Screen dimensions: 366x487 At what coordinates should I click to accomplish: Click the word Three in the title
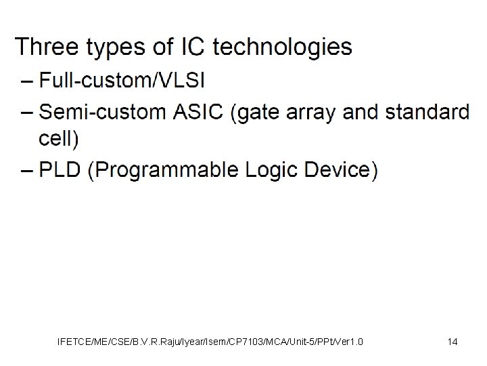(45, 47)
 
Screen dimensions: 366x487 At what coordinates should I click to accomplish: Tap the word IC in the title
(188, 47)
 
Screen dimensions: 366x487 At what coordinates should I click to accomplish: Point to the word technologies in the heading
(282, 48)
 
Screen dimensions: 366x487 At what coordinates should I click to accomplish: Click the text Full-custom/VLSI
(122, 81)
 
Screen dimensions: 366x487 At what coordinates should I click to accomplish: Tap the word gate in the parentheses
(258, 112)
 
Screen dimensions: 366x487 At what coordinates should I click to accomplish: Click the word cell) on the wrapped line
(59, 138)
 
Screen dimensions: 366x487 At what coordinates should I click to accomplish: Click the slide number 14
(453, 342)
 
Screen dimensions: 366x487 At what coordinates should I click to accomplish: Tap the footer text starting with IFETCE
(210, 342)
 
